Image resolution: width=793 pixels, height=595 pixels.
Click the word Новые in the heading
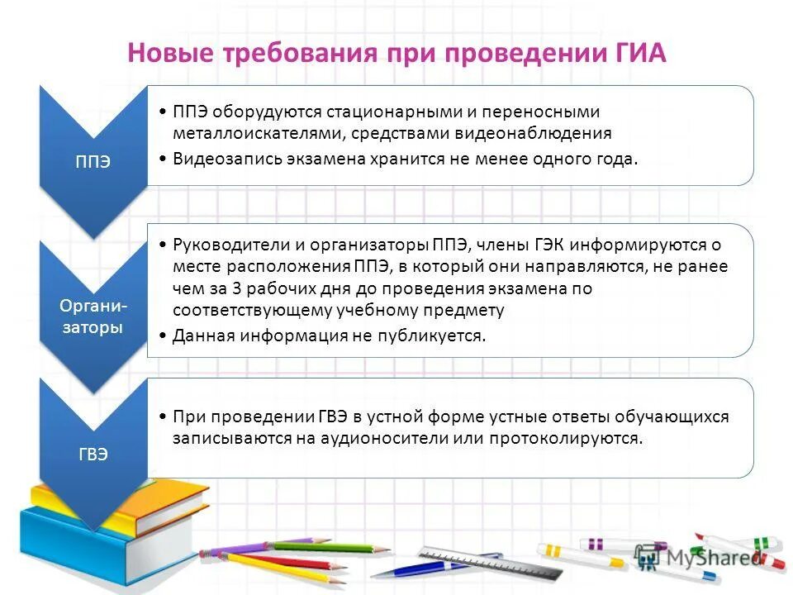click(x=170, y=53)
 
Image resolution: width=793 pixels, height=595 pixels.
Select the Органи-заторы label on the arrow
click(x=93, y=317)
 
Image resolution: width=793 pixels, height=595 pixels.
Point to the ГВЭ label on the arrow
click(x=93, y=455)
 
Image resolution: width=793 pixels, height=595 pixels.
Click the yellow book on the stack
click(x=91, y=496)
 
